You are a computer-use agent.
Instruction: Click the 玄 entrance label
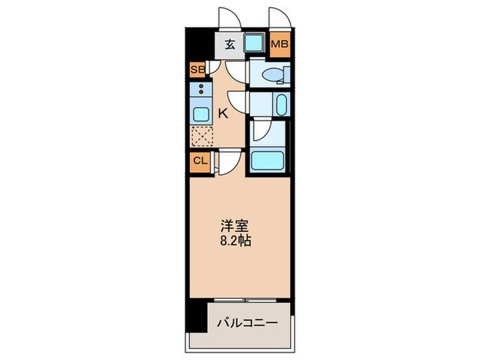[230, 46]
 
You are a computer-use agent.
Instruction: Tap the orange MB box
[279, 46]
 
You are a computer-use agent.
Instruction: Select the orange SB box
[197, 70]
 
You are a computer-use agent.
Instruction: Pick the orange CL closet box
[200, 161]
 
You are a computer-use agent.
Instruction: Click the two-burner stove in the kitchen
[200, 90]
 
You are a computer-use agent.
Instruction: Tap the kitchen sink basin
[200, 114]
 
